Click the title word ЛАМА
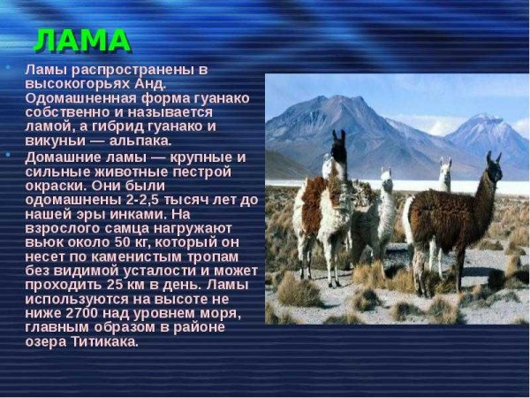pos(82,40)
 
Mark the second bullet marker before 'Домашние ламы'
pos(8,156)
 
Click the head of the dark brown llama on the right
pos(492,165)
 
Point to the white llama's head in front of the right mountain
pos(444,166)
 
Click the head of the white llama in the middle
pos(385,176)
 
